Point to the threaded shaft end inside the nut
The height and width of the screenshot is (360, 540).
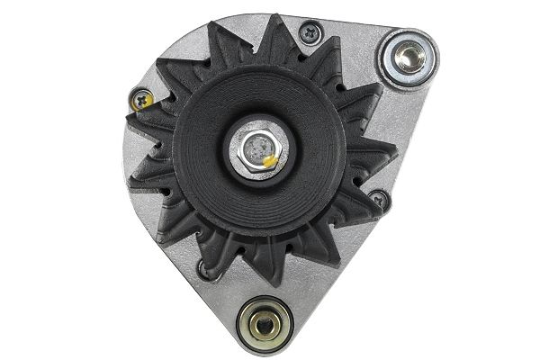[x=258, y=145]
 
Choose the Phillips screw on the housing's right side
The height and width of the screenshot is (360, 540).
[x=377, y=198]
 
